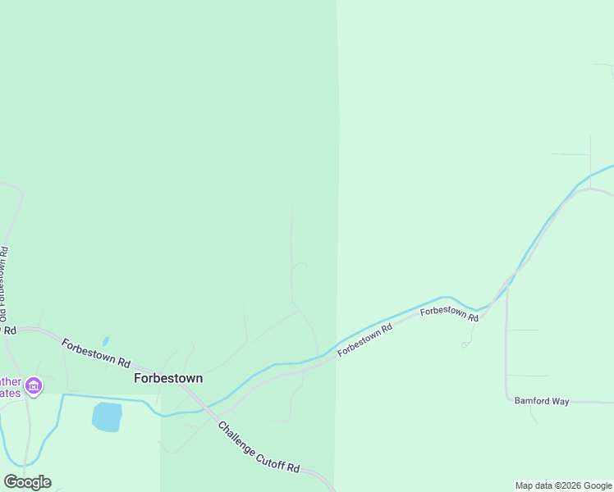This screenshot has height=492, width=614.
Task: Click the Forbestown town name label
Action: click(x=168, y=379)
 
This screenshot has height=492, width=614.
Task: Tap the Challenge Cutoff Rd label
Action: click(x=259, y=448)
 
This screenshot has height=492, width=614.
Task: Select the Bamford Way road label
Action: click(x=542, y=401)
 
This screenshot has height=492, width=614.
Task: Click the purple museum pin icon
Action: click(x=34, y=385)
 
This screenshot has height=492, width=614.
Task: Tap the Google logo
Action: click(x=27, y=482)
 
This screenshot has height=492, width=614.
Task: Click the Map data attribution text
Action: click(x=564, y=485)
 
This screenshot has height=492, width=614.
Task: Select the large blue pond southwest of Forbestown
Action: click(x=107, y=417)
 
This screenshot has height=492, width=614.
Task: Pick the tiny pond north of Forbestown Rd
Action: click(x=105, y=341)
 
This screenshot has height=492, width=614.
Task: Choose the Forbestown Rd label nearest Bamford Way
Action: click(x=449, y=313)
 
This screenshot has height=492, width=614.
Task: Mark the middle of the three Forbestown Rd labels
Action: click(x=365, y=339)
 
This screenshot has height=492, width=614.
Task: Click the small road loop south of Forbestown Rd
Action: click(x=465, y=345)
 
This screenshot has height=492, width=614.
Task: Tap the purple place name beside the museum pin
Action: click(x=10, y=387)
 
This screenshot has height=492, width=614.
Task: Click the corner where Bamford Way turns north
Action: click(x=507, y=402)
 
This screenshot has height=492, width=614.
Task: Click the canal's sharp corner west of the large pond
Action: click(x=63, y=395)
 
